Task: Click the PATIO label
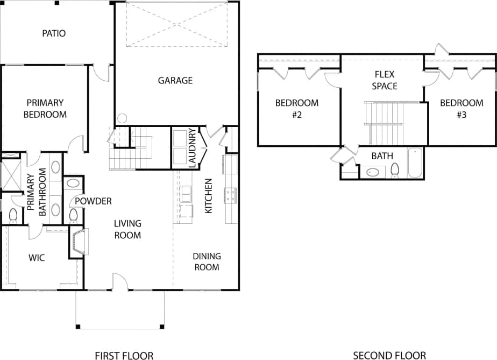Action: (x=54, y=33)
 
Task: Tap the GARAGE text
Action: (x=175, y=80)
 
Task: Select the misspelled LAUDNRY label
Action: (x=191, y=149)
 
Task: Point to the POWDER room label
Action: (x=93, y=201)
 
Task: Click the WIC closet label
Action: (x=37, y=258)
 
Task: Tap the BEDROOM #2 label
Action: (x=297, y=108)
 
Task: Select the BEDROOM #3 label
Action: (x=461, y=108)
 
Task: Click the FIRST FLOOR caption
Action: (x=124, y=355)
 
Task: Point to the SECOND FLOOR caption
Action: (x=389, y=355)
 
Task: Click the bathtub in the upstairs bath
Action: (x=415, y=163)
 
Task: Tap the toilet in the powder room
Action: (x=73, y=215)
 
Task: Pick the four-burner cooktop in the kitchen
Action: (x=231, y=195)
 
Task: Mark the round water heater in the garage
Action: (x=122, y=118)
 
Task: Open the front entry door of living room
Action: (x=120, y=283)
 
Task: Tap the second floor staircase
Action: (x=384, y=123)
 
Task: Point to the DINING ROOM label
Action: (x=207, y=262)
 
